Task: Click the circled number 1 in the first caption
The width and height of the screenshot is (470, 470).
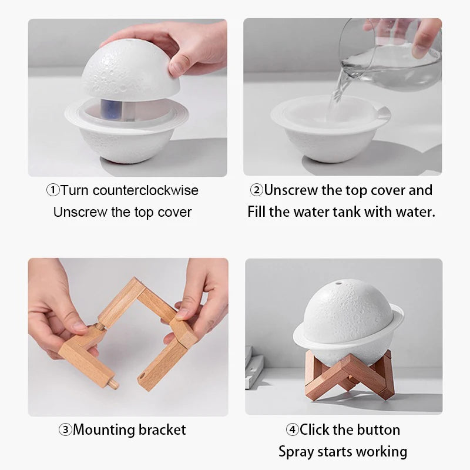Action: pyautogui.click(x=53, y=190)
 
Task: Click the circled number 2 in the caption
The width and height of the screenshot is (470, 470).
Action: pyautogui.click(x=256, y=190)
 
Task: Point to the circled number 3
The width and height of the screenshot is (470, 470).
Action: pyautogui.click(x=65, y=430)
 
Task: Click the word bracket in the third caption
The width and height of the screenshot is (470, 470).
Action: pyautogui.click(x=162, y=430)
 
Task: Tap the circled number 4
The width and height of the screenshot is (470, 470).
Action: pyautogui.click(x=292, y=430)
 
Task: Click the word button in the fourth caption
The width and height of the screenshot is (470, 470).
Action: pyautogui.click(x=376, y=430)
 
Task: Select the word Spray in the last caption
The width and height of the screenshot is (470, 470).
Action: pyautogui.click(x=297, y=451)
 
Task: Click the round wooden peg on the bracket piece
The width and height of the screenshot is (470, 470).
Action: pyautogui.click(x=112, y=384)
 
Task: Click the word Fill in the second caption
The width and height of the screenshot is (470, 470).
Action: pyautogui.click(x=257, y=211)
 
